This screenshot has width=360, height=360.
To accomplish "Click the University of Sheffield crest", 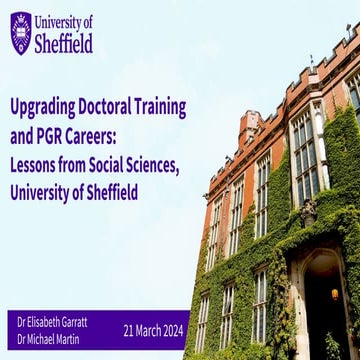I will (x=21, y=34).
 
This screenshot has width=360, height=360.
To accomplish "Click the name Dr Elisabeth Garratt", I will (x=54, y=322).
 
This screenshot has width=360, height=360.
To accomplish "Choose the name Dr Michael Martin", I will (x=50, y=340).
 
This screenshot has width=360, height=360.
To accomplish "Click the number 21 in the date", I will (x=129, y=331).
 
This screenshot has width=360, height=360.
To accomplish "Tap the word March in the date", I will (x=151, y=331).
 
